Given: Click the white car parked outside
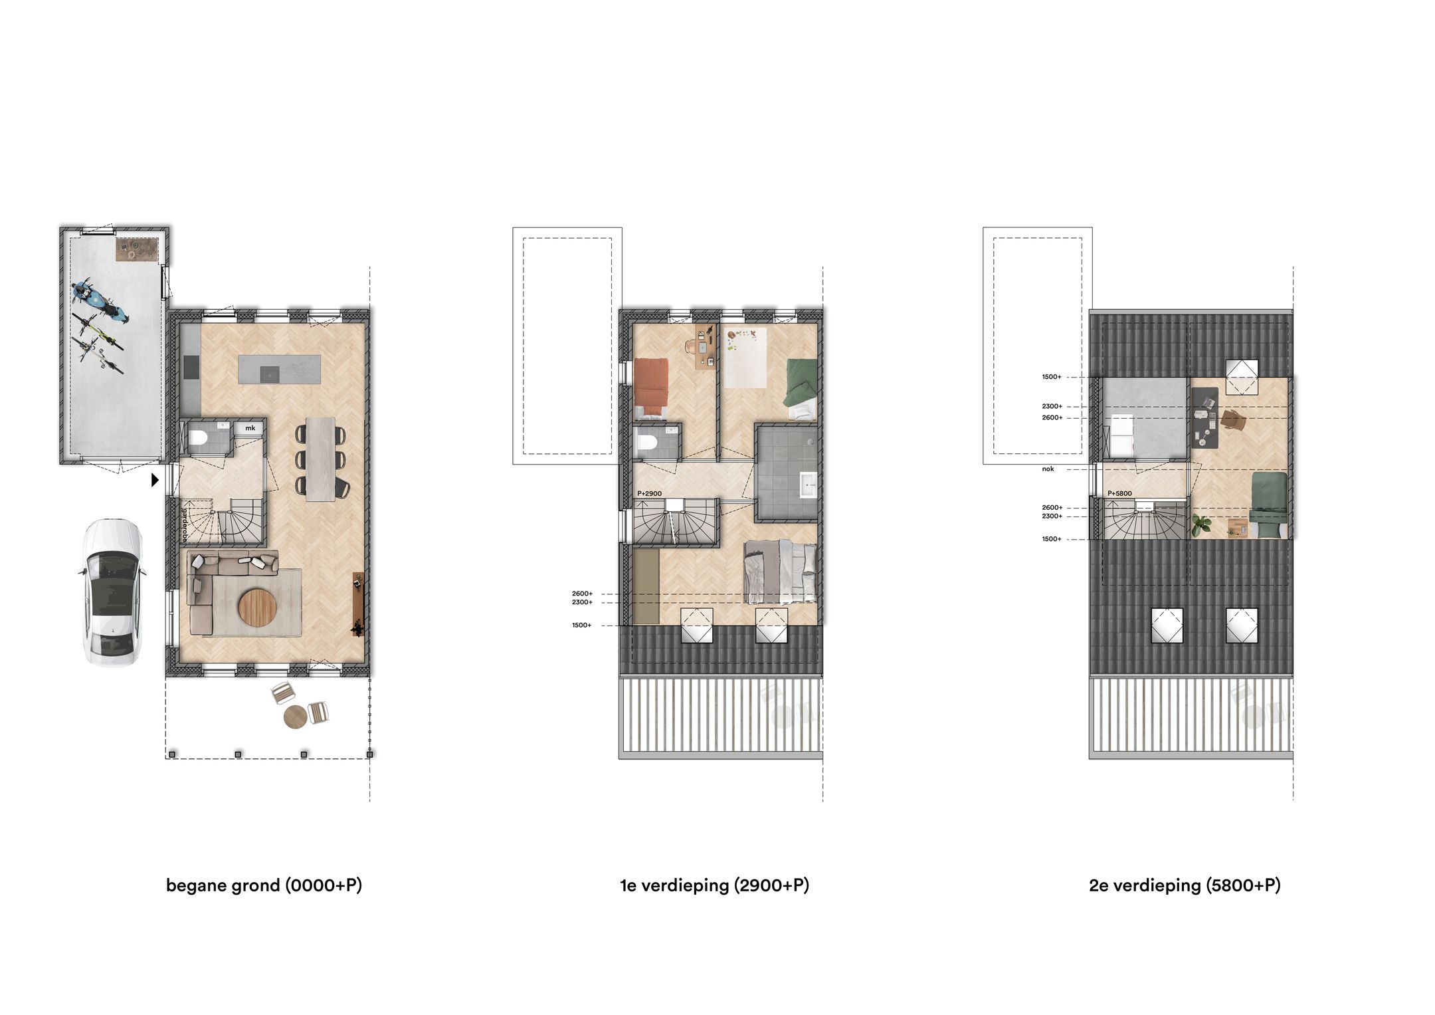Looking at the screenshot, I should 112,592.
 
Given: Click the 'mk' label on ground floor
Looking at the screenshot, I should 250,428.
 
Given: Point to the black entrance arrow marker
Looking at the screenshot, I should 155,479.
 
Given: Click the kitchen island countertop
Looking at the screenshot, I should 279,370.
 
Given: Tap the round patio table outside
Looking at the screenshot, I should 295,717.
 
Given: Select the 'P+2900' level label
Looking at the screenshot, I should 649,493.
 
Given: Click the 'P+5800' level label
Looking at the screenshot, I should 1119,493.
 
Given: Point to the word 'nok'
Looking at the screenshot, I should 1048,469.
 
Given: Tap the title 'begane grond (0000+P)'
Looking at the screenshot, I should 264,885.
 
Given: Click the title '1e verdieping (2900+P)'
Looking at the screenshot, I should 714,885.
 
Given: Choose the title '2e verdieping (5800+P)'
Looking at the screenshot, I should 1185,885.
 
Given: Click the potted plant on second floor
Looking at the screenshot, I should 1200,525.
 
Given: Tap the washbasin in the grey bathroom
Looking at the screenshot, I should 809,484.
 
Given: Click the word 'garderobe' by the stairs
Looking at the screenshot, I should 185,525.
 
